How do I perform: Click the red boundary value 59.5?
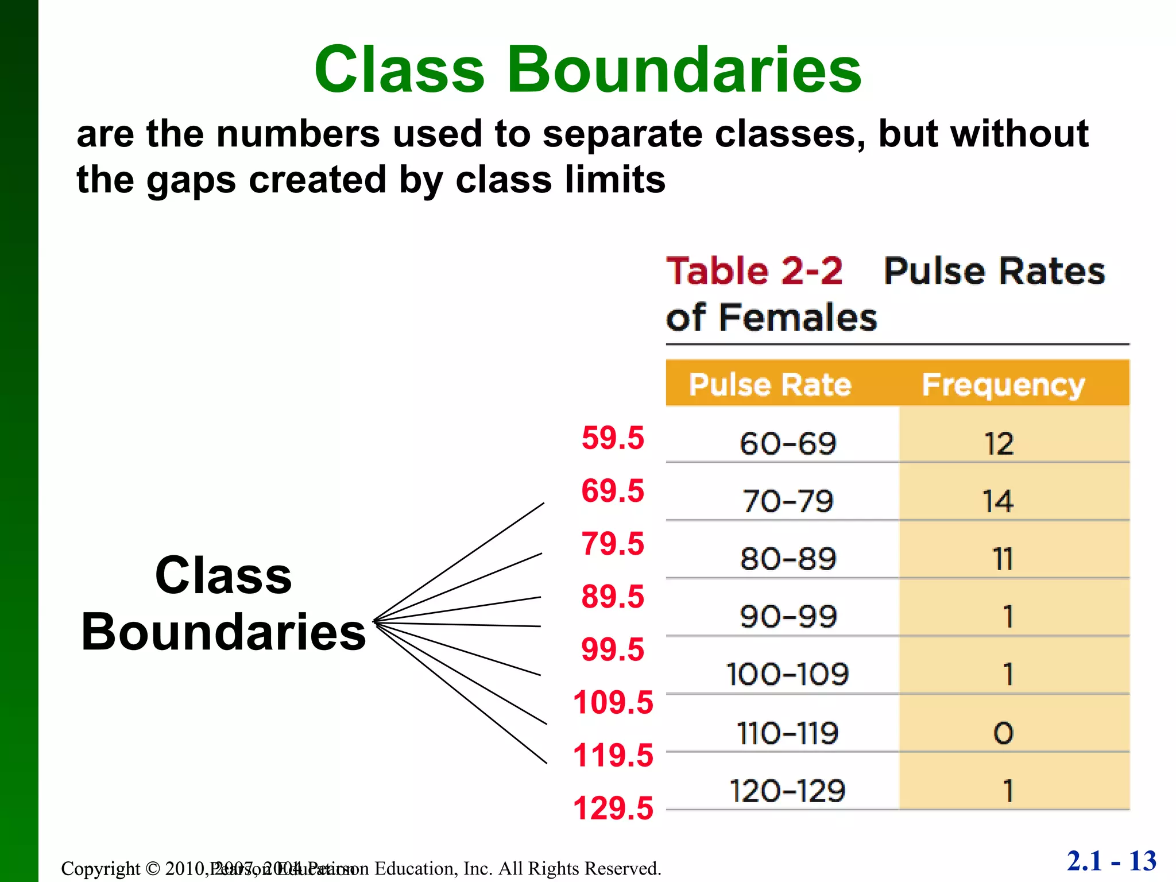click(x=613, y=438)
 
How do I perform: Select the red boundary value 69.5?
click(x=613, y=491)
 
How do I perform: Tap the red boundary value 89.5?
click(x=613, y=597)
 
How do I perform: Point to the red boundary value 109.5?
click(x=613, y=702)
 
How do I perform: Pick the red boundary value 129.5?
click(x=613, y=808)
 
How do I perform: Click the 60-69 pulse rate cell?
click(x=787, y=444)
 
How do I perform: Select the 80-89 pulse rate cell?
click(x=787, y=559)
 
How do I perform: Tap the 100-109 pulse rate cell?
click(x=787, y=674)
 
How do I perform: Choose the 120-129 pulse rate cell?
click(x=787, y=791)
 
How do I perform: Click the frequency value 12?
click(x=999, y=444)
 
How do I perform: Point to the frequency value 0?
click(x=1003, y=733)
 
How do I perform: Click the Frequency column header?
click(x=1003, y=385)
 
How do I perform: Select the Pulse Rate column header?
click(x=770, y=384)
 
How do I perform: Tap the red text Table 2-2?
click(x=754, y=271)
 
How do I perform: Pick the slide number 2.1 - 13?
click(x=1111, y=861)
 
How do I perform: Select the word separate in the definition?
click(x=622, y=134)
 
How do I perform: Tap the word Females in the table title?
click(x=798, y=318)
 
